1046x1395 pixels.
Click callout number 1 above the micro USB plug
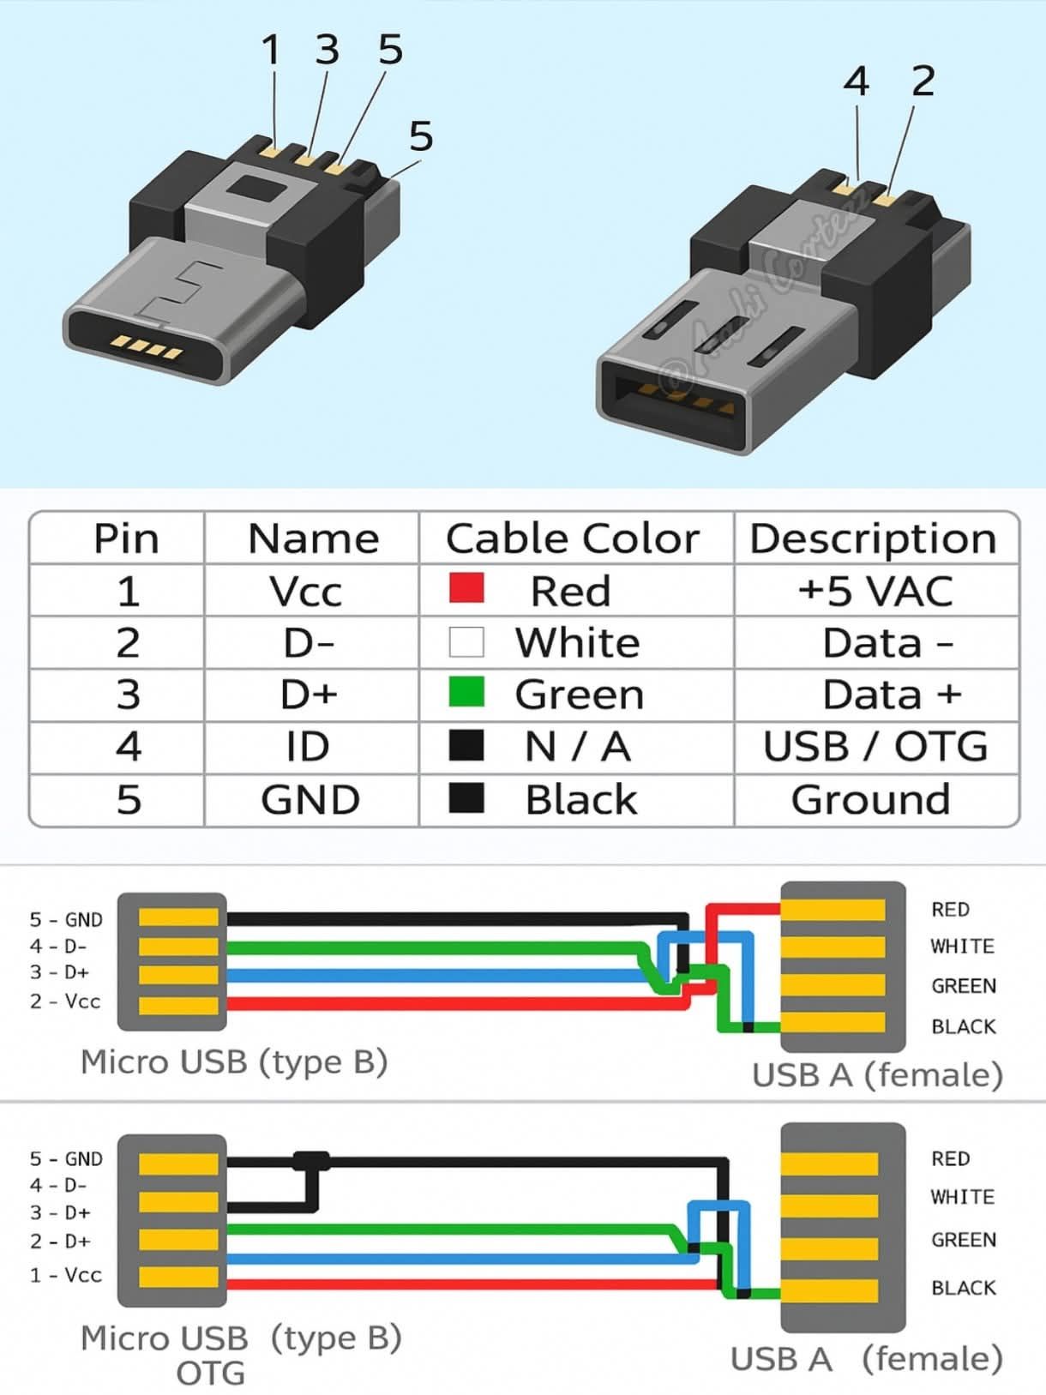(271, 50)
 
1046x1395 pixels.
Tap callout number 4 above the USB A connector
(857, 81)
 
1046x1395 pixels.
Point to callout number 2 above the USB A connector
(923, 81)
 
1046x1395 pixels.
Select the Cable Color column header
(573, 539)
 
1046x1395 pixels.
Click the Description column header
(873, 539)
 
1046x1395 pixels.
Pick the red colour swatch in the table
(466, 588)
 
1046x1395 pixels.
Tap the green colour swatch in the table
(466, 692)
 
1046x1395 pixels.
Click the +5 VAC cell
(875, 591)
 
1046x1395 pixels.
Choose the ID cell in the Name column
(308, 747)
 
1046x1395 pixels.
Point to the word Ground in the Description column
(870, 799)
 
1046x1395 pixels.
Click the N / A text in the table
(578, 747)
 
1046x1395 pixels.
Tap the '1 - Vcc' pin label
(65, 1275)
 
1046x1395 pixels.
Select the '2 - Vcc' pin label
(65, 1001)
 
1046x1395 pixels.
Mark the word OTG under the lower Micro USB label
(210, 1374)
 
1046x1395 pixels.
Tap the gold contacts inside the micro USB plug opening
(147, 347)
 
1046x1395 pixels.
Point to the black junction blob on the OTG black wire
(311, 1162)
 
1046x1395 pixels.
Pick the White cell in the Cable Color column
(577, 642)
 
